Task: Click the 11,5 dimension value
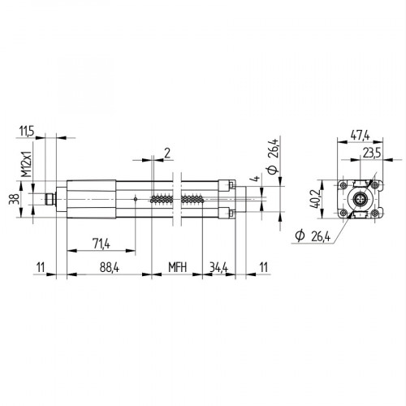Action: (x=27, y=130)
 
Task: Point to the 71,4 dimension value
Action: (x=101, y=242)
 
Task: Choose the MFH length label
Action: (x=178, y=266)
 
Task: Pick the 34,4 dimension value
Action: (x=218, y=266)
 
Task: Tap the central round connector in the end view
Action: (x=359, y=198)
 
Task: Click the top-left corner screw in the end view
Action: (x=343, y=183)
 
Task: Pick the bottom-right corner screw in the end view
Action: (x=374, y=214)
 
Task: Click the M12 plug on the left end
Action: (x=51, y=197)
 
